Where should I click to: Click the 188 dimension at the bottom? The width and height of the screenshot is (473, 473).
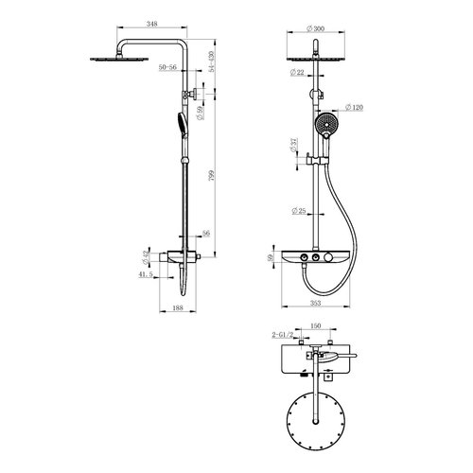178,308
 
